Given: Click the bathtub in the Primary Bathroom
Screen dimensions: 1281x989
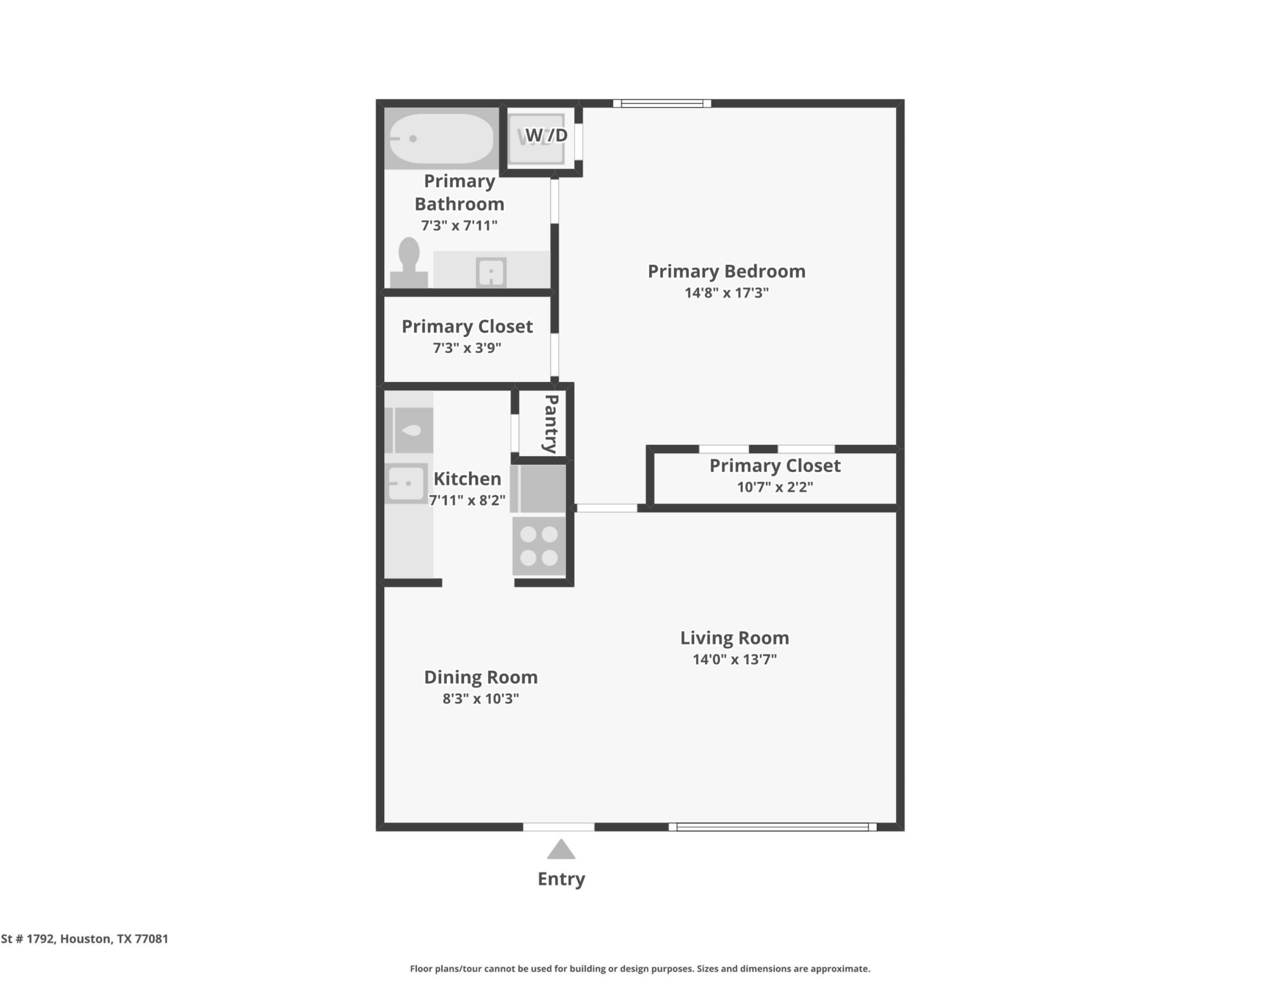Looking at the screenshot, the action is coord(441,138).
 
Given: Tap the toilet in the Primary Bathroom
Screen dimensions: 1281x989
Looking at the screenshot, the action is coord(409,262).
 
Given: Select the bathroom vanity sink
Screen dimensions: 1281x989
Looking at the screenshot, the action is coord(491,272).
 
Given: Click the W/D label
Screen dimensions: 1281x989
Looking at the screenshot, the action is coord(546,135).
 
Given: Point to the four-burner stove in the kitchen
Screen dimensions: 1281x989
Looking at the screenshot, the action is coord(539,546).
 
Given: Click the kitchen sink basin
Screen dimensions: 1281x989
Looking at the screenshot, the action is coord(406,483).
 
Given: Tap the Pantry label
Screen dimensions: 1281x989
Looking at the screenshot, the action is coord(551,424).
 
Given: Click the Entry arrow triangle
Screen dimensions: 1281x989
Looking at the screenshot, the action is coord(561,849).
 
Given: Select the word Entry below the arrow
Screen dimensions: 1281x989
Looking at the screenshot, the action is coord(561,879).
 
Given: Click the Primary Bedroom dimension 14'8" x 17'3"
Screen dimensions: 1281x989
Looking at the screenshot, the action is coord(726,292).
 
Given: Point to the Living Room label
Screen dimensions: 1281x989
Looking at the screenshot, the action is coord(735,638).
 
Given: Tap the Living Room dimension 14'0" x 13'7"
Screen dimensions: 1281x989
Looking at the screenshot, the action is coord(735,659).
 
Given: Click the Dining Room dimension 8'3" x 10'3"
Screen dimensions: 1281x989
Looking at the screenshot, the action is coord(480,698).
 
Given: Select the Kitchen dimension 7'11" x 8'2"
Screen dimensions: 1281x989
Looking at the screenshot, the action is coord(467,500).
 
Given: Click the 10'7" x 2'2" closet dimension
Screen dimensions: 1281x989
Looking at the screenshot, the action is coord(775,487).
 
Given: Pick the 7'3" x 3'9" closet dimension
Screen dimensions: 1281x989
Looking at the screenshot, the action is coord(467,347).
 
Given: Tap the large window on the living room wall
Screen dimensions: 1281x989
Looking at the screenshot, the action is coord(773,827).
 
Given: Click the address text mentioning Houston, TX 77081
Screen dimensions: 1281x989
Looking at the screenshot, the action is coord(85,938).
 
